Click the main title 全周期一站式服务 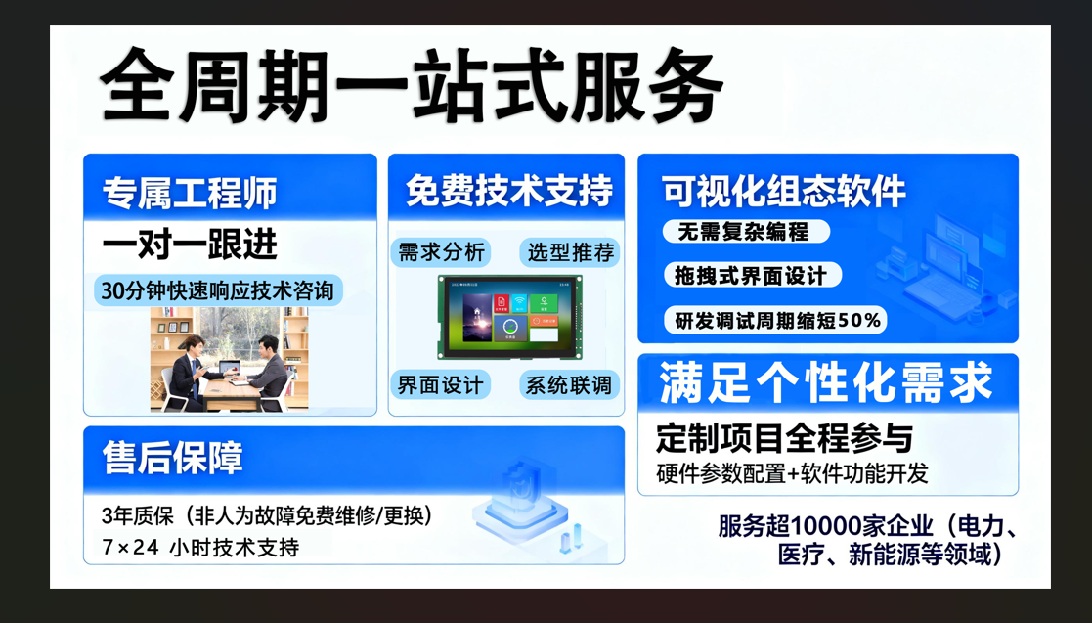[411, 86]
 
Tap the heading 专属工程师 [190, 193]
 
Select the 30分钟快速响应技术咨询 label [218, 290]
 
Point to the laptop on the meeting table [229, 369]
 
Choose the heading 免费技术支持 [509, 191]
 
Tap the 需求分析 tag [441, 252]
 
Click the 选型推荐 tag [570, 252]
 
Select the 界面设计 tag [440, 384]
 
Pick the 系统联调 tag [569, 384]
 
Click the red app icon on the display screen [501, 304]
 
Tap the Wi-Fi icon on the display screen [519, 304]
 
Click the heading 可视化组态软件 [783, 191]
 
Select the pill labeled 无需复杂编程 [746, 232]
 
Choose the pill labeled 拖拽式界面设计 [753, 275]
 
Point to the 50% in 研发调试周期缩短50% [859, 320]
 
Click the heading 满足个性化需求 [826, 382]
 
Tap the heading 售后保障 [173, 458]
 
